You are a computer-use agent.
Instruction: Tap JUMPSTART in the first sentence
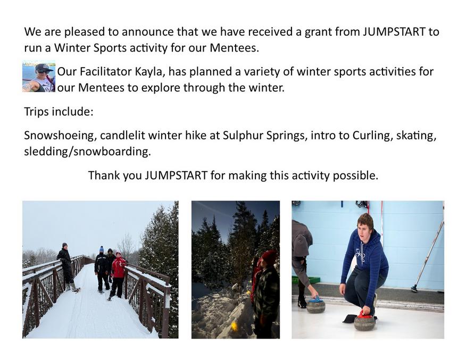click(x=394, y=32)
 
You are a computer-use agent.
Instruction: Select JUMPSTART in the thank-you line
click(x=176, y=175)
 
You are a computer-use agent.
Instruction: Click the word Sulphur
click(x=243, y=136)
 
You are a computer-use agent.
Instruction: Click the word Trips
click(x=36, y=112)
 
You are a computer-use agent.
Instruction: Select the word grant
click(x=318, y=32)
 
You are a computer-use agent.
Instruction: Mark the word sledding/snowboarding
click(x=87, y=152)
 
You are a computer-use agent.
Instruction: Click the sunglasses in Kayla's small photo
click(x=44, y=72)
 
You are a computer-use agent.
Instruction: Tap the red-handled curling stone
click(x=364, y=321)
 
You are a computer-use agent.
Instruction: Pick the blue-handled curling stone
click(x=316, y=305)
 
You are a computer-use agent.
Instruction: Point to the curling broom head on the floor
click(x=414, y=288)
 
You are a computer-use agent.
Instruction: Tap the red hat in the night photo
click(x=269, y=257)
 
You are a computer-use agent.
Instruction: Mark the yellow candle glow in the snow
click(x=235, y=326)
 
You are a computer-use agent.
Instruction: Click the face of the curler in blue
click(x=364, y=229)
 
